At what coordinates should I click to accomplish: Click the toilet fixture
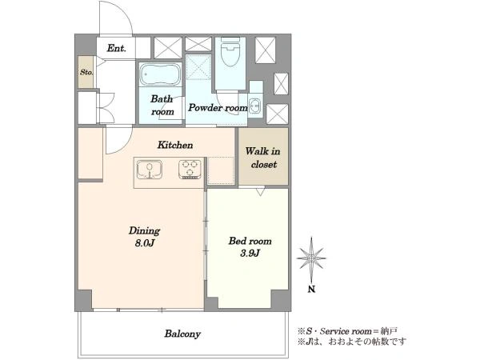[230, 52]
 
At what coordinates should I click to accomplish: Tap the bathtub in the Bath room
[161, 74]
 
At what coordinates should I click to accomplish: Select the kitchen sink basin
[150, 170]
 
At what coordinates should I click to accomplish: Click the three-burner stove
[190, 170]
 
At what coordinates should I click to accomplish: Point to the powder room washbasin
[255, 106]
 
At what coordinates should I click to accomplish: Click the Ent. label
[116, 48]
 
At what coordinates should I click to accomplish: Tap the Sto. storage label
[86, 72]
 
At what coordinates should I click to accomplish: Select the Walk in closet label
[263, 158]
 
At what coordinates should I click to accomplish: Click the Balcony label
[182, 334]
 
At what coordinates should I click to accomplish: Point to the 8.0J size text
[145, 243]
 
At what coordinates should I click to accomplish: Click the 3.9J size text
[250, 253]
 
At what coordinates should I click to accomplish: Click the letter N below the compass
[311, 289]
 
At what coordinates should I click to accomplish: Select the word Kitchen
[175, 145]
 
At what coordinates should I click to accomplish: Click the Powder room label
[218, 108]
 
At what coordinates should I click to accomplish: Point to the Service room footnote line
[347, 331]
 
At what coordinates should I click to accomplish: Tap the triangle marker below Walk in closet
[260, 192]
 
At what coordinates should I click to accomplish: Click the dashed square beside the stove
[221, 171]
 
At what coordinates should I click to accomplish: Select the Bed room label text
[250, 242]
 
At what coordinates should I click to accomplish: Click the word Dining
[144, 231]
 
